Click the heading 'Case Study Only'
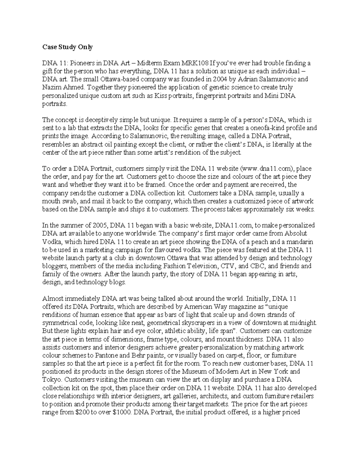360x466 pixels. point(67,47)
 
